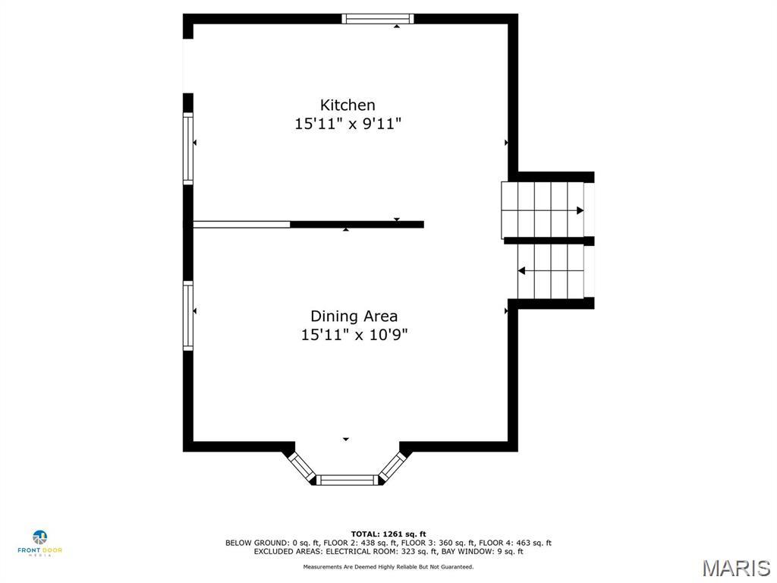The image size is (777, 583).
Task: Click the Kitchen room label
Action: point(348,106)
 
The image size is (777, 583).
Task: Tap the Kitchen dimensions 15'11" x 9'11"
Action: point(348,124)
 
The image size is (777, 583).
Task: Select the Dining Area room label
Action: point(354,316)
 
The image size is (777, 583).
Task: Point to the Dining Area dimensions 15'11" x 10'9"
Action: point(354,334)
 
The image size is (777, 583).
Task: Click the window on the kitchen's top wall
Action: point(378,19)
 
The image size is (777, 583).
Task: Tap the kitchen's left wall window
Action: point(188,148)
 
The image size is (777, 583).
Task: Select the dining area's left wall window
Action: point(188,315)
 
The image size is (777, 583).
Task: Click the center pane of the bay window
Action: point(347,480)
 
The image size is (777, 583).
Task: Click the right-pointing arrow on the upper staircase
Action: point(580,210)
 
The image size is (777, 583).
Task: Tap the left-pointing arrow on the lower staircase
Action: point(523,270)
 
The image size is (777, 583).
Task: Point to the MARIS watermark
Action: point(735,568)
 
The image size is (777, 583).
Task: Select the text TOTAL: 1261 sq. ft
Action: point(388,534)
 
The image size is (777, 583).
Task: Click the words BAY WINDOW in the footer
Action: point(470,552)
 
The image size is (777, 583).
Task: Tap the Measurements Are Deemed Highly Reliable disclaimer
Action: point(388,567)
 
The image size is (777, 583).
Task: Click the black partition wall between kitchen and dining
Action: point(357,225)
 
